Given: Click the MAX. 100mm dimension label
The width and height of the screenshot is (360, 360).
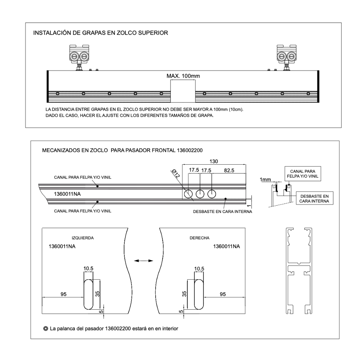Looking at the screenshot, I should coord(183,76).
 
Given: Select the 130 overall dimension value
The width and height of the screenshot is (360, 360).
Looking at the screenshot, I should coord(214,161).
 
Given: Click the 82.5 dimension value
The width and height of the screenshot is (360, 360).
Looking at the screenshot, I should coord(228,170).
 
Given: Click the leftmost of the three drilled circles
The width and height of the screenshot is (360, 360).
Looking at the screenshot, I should coord(188,194).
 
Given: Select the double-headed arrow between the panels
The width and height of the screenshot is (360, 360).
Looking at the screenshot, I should coord(143,261).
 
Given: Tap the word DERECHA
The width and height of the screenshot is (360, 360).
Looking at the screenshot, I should coord(199,238).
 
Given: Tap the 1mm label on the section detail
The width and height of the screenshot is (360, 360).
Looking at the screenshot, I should coord(266,180).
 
